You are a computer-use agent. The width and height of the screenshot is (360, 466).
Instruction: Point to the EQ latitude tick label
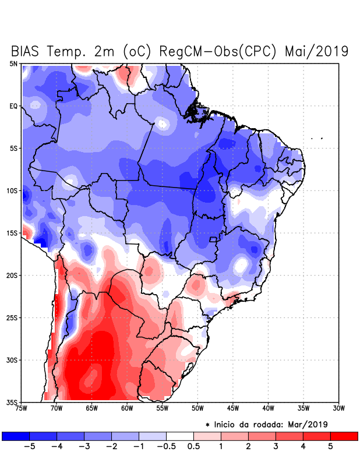click(x=13, y=106)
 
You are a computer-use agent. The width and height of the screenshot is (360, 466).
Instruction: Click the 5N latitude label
click(x=13, y=63)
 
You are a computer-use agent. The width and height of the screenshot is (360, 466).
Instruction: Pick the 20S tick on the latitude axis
click(x=12, y=276)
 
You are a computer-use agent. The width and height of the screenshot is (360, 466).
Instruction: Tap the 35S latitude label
click(x=12, y=402)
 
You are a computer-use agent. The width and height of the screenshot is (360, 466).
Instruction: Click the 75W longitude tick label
click(x=22, y=408)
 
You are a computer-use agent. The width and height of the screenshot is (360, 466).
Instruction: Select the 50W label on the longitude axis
click(x=197, y=408)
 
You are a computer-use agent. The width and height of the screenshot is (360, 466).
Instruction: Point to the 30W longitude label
click(x=338, y=408)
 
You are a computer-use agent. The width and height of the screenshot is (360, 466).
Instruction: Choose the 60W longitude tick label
click(x=127, y=408)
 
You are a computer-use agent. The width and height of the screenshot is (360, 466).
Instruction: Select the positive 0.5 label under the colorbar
click(x=194, y=446)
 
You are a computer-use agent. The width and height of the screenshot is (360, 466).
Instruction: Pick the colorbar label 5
click(x=330, y=446)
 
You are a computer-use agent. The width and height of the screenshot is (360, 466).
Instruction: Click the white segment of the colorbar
click(x=180, y=436)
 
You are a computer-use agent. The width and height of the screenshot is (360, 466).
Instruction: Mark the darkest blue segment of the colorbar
click(x=16, y=436)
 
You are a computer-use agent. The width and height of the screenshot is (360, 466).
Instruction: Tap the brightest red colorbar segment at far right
click(x=344, y=436)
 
